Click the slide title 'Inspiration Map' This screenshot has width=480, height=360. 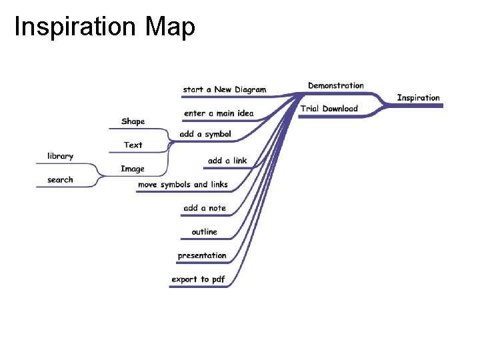[105, 27]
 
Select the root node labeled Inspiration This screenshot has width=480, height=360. [418, 98]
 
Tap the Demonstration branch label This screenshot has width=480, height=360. [335, 85]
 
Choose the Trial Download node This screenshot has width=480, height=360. [329, 109]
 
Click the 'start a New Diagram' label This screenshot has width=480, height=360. [224, 89]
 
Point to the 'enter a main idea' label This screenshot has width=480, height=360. [219, 113]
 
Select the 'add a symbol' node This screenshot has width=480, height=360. [205, 134]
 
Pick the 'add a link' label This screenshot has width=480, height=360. [227, 161]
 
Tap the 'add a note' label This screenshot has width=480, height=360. [205, 208]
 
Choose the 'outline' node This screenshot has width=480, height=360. [204, 232]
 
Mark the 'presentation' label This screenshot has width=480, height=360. [201, 255]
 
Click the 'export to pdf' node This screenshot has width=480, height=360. [198, 279]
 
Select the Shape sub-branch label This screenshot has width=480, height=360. [133, 121]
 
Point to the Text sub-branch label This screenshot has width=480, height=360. [133, 145]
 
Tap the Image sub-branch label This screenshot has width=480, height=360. [132, 169]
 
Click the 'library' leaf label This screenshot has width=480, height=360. [60, 156]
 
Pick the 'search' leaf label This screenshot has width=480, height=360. [60, 180]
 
